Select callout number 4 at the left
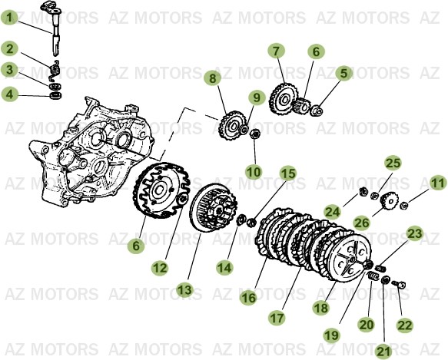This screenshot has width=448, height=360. [10, 94]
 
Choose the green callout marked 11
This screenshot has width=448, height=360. [437, 183]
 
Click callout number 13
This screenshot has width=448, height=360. [184, 289]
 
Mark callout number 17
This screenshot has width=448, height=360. [276, 315]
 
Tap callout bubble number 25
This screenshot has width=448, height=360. [393, 163]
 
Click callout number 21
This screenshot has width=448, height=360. [381, 351]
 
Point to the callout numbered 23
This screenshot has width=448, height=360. [414, 233]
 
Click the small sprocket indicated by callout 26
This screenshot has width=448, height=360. [388, 201]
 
